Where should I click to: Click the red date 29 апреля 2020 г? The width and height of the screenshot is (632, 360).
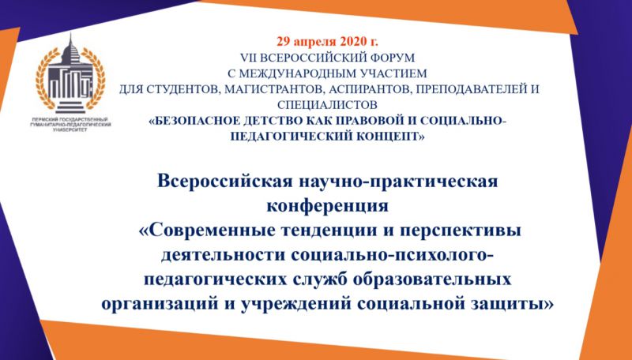coord(327,41)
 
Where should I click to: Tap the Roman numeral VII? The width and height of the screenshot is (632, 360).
coord(248,58)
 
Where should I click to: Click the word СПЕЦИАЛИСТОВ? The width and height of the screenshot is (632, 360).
coord(327,105)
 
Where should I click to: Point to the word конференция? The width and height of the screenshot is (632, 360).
coord(327,206)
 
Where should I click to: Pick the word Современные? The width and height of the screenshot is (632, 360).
coord(205,231)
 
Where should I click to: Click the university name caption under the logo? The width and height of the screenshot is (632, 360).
coord(70,125)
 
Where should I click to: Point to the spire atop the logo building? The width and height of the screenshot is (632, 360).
coord(70,43)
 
